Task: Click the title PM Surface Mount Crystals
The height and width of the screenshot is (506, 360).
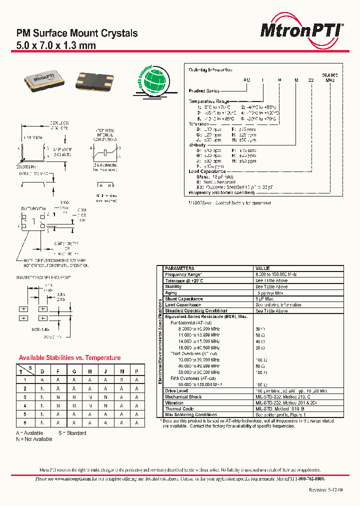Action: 77,33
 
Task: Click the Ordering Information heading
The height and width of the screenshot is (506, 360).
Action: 210,70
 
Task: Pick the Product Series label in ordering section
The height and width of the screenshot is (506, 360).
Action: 203,90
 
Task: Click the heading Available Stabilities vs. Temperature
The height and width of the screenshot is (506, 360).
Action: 69,358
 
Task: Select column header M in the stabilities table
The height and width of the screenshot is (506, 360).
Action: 120,371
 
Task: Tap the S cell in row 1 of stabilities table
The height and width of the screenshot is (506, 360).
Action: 120,379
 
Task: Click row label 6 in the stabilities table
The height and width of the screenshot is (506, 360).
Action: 24,423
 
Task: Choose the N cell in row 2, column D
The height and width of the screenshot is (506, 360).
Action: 42,388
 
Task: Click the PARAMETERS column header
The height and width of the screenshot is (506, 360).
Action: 179,268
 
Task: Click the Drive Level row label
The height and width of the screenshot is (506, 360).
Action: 176,390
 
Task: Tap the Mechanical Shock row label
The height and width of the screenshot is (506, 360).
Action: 183,396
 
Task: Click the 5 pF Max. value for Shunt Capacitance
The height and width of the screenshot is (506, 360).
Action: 266,299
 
